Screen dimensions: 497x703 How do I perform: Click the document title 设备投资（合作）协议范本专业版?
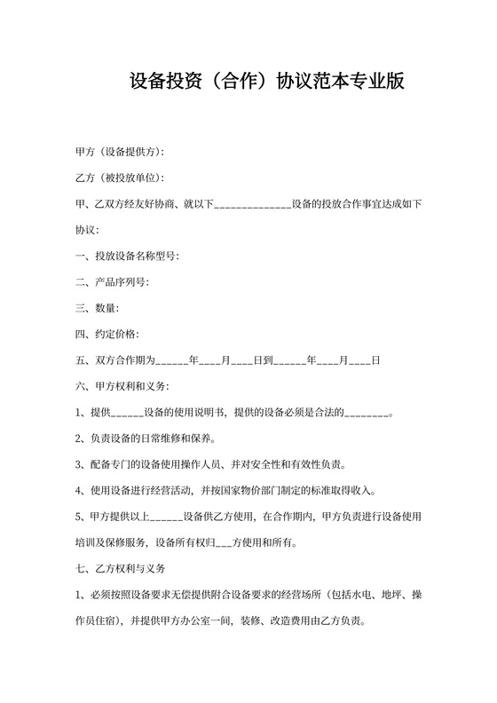pos(267,82)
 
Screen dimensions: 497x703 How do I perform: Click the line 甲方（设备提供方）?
pos(120,153)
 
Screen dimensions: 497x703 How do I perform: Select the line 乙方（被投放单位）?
pos(120,178)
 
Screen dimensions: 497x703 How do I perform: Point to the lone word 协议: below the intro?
pos(87,230)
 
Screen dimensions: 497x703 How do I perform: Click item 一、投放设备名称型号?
pos(129,257)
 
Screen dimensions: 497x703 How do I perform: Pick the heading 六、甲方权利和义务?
pos(123,386)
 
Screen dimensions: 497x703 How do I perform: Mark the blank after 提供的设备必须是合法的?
pos(367,414)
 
